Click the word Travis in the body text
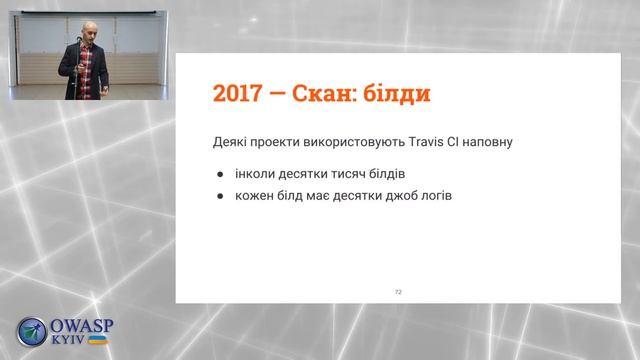click(415, 142)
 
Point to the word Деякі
click(233, 142)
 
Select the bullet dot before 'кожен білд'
click(219, 196)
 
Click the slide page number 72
click(398, 291)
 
